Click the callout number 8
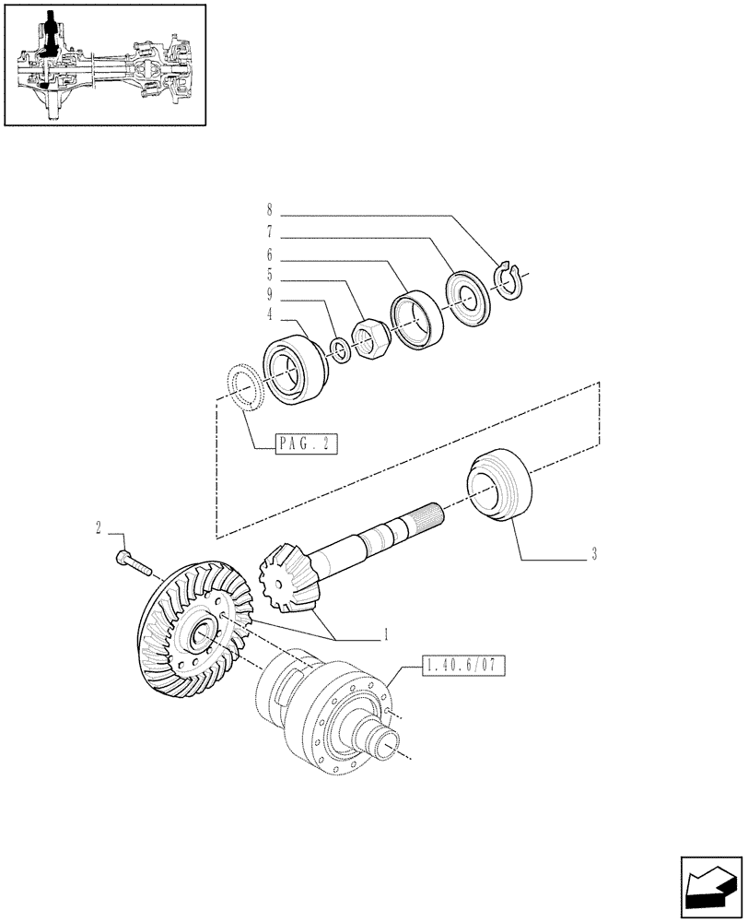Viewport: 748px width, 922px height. click(270, 209)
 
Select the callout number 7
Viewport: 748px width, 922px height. click(270, 234)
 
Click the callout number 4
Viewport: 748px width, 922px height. click(270, 316)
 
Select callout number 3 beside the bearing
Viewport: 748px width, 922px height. click(594, 554)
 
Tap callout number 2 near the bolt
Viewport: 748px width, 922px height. click(97, 528)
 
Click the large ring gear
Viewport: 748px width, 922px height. click(189, 626)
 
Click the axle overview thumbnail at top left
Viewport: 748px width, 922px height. click(104, 65)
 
